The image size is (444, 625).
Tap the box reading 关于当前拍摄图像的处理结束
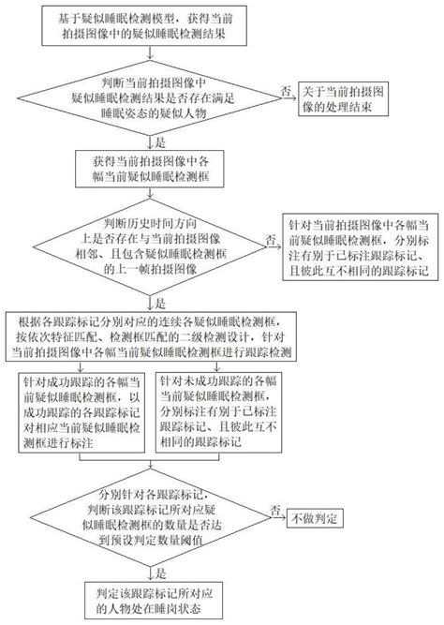click(346, 101)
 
